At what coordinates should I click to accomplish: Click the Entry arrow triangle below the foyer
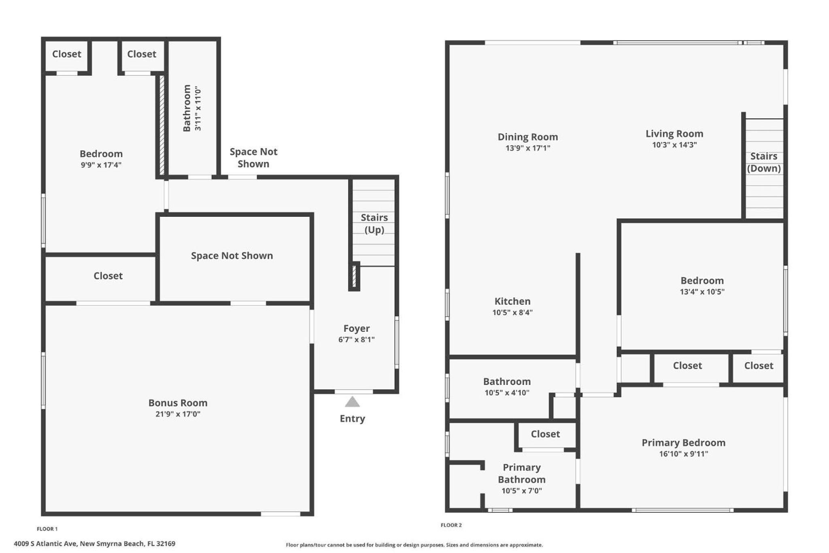[x=352, y=401]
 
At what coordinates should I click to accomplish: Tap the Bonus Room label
[x=178, y=403]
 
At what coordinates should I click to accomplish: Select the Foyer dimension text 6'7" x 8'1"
[x=356, y=339]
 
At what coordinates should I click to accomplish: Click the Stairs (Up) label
[x=374, y=224]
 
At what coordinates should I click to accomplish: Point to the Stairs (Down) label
[x=764, y=162]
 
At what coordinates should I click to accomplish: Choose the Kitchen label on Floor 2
[x=512, y=301]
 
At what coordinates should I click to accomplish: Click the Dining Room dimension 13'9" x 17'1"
[x=528, y=148]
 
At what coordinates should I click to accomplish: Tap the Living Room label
[x=674, y=134]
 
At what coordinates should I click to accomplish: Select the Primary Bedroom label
[x=683, y=442]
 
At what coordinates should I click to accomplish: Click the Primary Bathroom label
[x=521, y=473]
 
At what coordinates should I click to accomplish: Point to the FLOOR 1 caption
[x=47, y=529]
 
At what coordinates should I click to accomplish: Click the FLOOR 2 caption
[x=451, y=525]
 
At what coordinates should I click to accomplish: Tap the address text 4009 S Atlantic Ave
[x=45, y=544]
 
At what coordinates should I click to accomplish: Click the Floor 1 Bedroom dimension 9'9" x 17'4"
[x=101, y=165]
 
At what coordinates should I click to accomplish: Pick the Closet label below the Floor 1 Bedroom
[x=108, y=276]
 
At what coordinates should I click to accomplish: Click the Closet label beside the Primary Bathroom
[x=545, y=434]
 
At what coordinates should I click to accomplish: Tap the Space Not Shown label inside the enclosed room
[x=232, y=256]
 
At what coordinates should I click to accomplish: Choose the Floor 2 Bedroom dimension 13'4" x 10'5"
[x=702, y=292]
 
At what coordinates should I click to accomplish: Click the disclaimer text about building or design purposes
[x=414, y=545]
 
